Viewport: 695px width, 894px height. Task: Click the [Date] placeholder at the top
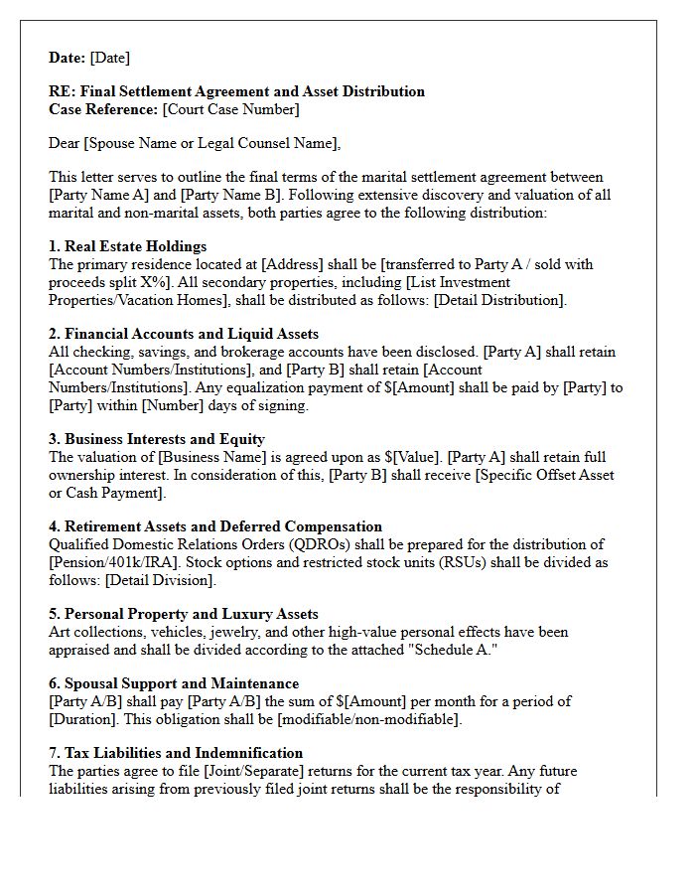[x=110, y=58]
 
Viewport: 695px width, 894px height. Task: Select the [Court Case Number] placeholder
[x=230, y=109]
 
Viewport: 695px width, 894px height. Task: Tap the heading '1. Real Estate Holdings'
[x=127, y=246]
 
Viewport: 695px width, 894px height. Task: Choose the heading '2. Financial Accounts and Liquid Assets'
[x=184, y=334]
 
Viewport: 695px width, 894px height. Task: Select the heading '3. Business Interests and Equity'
[x=157, y=439]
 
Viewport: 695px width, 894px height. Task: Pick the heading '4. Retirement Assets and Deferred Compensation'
[x=215, y=526]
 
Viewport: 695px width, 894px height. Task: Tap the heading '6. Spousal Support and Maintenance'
[x=174, y=683]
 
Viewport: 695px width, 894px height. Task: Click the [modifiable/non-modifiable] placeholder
[x=372, y=719]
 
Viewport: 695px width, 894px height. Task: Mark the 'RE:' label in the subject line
[x=62, y=91]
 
